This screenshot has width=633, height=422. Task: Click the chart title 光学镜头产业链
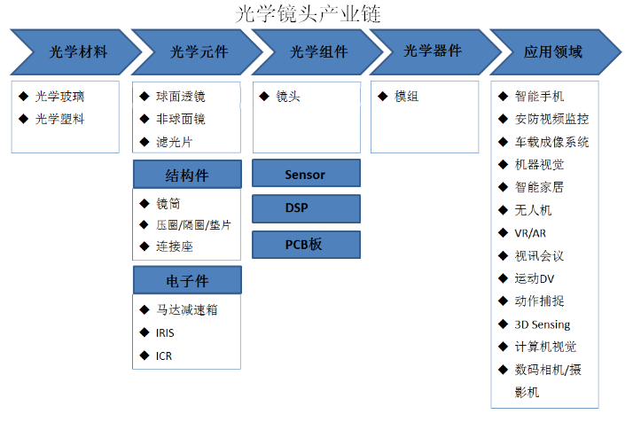308,14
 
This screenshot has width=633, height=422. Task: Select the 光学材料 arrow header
77,52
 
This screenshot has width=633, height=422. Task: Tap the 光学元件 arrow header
198,52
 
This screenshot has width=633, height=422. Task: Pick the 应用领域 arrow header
556,52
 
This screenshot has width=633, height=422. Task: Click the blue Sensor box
306,173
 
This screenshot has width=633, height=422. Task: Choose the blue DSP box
306,208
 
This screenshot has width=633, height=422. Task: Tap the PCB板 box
306,245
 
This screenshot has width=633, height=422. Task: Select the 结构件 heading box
187,175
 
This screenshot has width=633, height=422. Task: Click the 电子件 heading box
187,280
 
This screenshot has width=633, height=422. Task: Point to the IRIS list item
165,333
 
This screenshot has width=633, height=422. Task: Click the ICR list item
164,356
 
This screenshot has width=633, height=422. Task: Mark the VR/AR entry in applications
530,233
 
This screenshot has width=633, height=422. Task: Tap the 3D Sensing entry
543,324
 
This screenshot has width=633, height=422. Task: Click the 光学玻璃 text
59,97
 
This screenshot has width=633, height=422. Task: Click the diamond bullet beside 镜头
264,97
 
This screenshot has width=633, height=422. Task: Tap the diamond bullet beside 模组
383,97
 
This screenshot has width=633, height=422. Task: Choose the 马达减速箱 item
187,310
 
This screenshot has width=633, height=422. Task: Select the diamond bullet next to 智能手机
503,97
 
